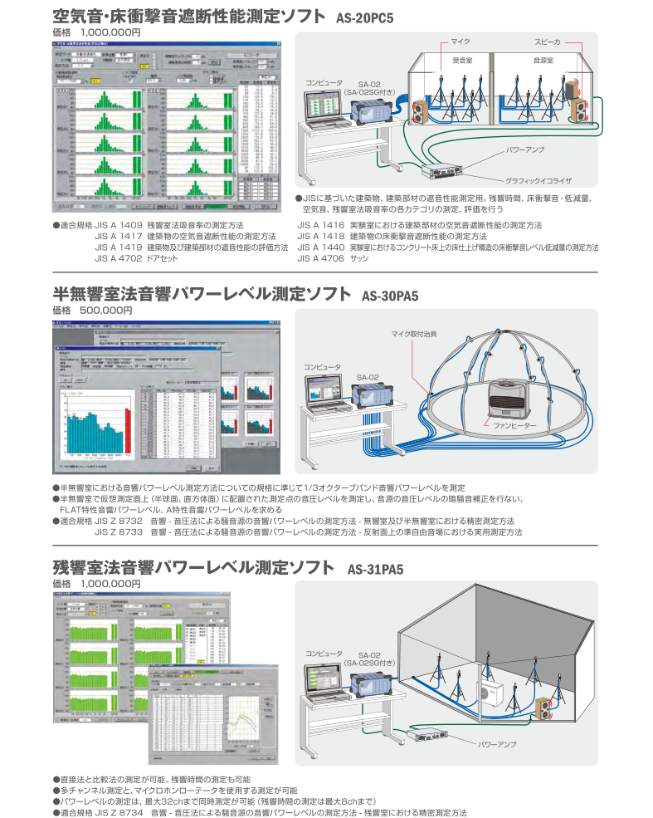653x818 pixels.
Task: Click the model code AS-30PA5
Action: pos(390,295)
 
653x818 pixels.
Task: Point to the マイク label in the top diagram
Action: pos(461,41)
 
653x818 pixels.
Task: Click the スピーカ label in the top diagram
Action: pos(548,41)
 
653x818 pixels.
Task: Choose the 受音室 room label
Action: pos(463,60)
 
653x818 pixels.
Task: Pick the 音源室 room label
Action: pos(543,60)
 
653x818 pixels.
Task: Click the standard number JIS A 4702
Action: pos(119,258)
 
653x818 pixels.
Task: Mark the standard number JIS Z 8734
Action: pos(119,812)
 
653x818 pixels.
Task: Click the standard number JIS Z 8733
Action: pos(119,531)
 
